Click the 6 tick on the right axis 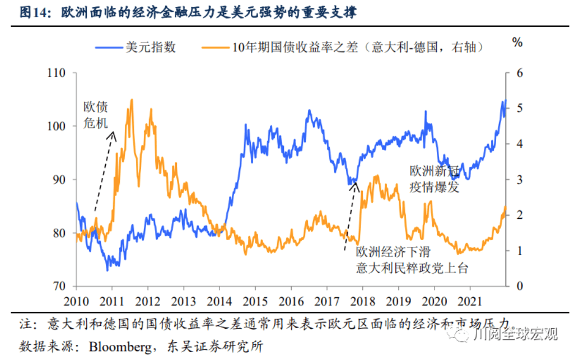point(519,73)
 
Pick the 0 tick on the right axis point(519,286)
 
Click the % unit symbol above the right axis point(517,42)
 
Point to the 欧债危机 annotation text point(95,115)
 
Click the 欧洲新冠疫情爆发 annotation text point(435,179)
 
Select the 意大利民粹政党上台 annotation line point(412,268)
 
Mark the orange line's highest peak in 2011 point(132,100)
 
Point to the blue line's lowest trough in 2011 point(108,270)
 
